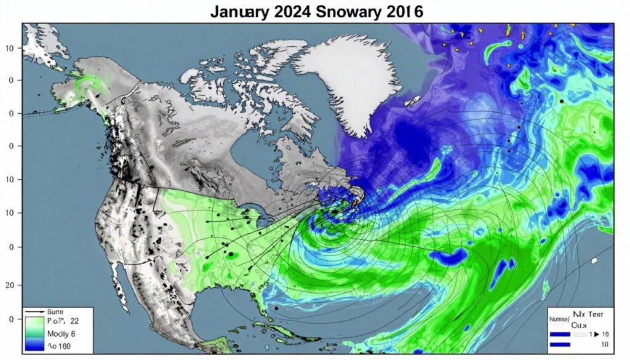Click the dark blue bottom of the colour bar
pos(31,346)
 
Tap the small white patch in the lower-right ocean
pos(594,261)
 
